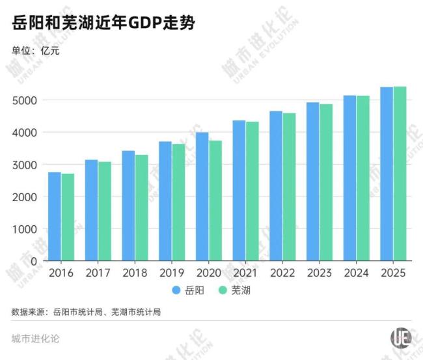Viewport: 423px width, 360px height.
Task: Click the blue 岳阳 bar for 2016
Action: point(55,216)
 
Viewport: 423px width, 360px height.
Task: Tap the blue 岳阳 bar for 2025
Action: point(387,174)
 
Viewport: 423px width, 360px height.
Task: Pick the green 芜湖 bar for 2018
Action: point(141,208)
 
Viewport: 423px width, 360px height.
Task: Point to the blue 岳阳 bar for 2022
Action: point(276,186)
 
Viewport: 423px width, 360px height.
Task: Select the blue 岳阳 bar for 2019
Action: point(165,201)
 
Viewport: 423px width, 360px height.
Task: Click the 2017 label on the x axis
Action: point(98,273)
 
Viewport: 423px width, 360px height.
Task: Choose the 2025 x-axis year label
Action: point(393,273)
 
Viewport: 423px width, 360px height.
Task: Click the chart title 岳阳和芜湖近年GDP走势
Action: point(103,24)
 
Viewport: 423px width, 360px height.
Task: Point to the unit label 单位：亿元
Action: point(36,50)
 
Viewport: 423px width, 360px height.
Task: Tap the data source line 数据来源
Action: point(86,312)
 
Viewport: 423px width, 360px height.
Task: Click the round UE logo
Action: point(401,338)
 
